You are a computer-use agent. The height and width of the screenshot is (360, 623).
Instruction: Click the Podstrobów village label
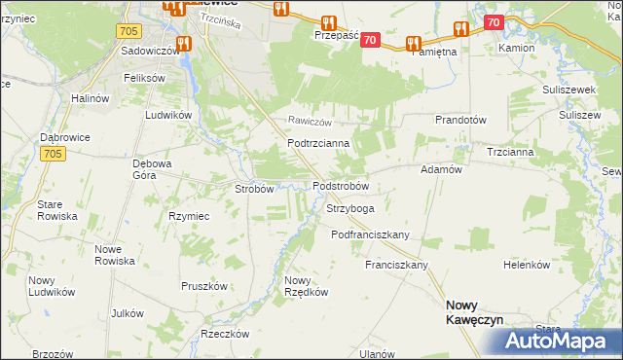click(x=340, y=186)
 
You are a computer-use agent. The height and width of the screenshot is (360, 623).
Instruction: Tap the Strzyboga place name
click(x=349, y=208)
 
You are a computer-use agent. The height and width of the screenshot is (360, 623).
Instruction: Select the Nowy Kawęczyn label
click(x=473, y=310)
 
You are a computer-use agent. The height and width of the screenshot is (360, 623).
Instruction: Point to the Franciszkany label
click(x=396, y=265)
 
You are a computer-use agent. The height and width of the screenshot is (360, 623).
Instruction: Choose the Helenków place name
click(x=527, y=265)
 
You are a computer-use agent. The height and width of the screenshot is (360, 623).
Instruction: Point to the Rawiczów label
click(x=310, y=122)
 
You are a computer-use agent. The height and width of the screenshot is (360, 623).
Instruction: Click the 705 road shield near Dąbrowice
click(x=53, y=154)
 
